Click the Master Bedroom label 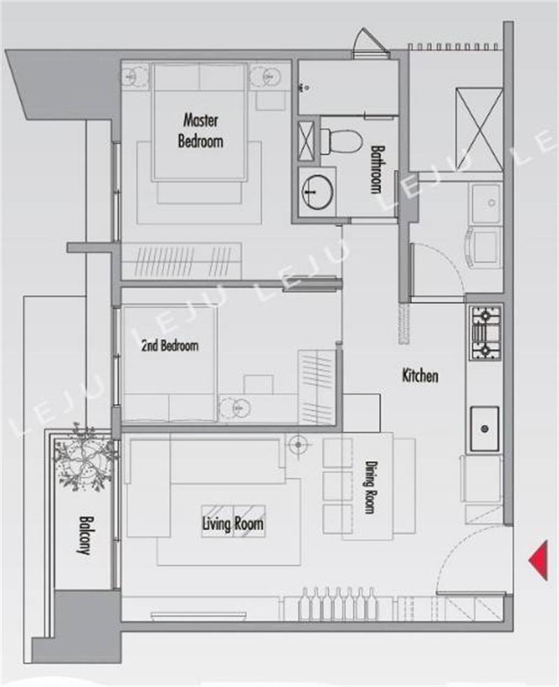click(200, 131)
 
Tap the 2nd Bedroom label click(170, 346)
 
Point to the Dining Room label click(370, 487)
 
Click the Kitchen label click(420, 376)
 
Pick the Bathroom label click(376, 169)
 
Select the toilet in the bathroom click(341, 140)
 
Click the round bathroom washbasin click(317, 191)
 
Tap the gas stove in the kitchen click(486, 332)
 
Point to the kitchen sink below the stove click(485, 429)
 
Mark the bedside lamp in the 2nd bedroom click(235, 408)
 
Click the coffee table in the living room click(233, 521)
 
